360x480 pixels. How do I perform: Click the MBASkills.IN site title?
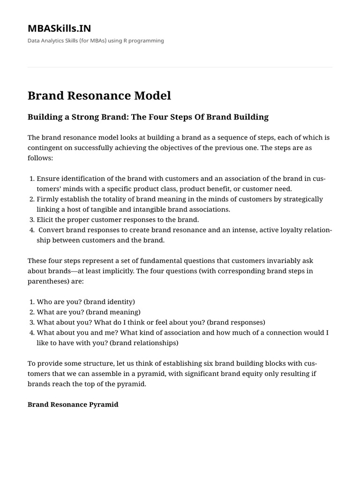click(x=59, y=29)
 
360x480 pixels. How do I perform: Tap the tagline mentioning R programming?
click(x=96, y=41)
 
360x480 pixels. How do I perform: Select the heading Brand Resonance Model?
click(x=99, y=96)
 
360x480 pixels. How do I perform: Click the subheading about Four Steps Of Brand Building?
click(x=148, y=117)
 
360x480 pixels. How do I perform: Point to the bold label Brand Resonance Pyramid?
click(x=73, y=404)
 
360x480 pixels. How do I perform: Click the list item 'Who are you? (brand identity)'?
click(x=85, y=302)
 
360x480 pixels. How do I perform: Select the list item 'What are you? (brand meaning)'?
click(x=88, y=312)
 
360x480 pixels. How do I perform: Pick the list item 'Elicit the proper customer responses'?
click(x=118, y=219)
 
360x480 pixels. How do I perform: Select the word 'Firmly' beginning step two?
click(x=48, y=199)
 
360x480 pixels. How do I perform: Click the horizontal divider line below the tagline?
click(x=180, y=67)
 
